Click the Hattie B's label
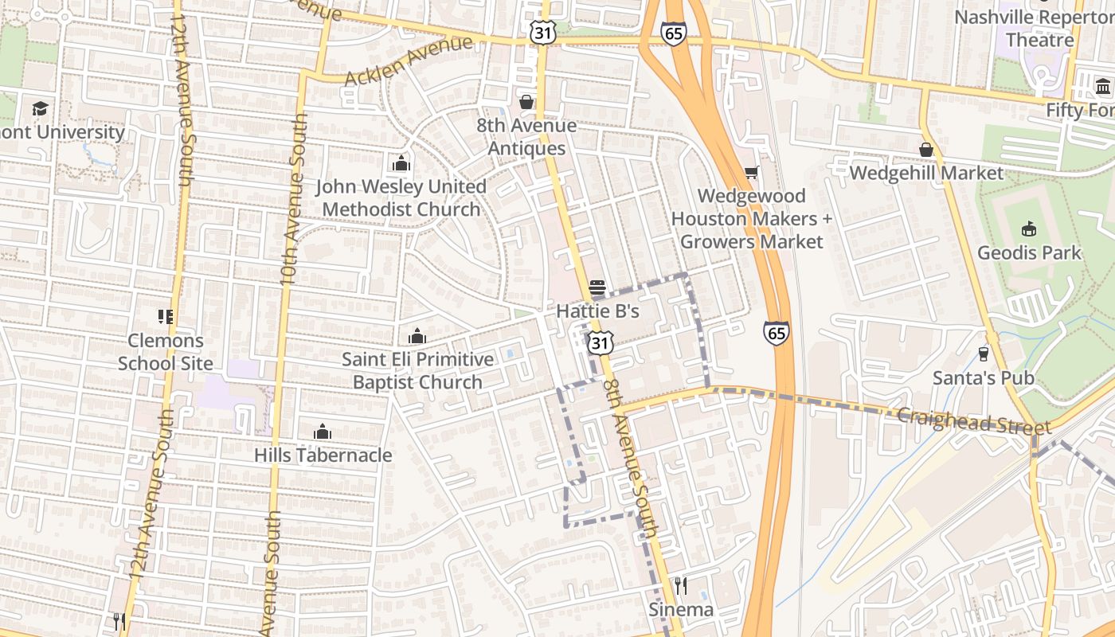[x=597, y=311]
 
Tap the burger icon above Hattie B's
[x=597, y=287]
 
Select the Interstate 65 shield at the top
[x=673, y=33]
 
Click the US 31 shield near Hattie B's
[x=601, y=343]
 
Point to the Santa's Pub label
[x=983, y=377]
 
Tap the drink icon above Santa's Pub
[x=983, y=354]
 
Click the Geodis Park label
[x=1029, y=253]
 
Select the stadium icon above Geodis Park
[x=1029, y=229]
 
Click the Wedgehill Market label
[x=926, y=173]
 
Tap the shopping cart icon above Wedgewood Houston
[x=750, y=172]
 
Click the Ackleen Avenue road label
[x=408, y=62]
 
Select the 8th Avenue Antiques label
[x=526, y=137]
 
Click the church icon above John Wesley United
[x=401, y=163]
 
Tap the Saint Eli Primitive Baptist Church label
[x=417, y=371]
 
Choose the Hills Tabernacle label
[x=323, y=455]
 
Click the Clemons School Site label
[x=166, y=352]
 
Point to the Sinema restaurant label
[x=681, y=610]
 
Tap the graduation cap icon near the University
[x=40, y=108]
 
